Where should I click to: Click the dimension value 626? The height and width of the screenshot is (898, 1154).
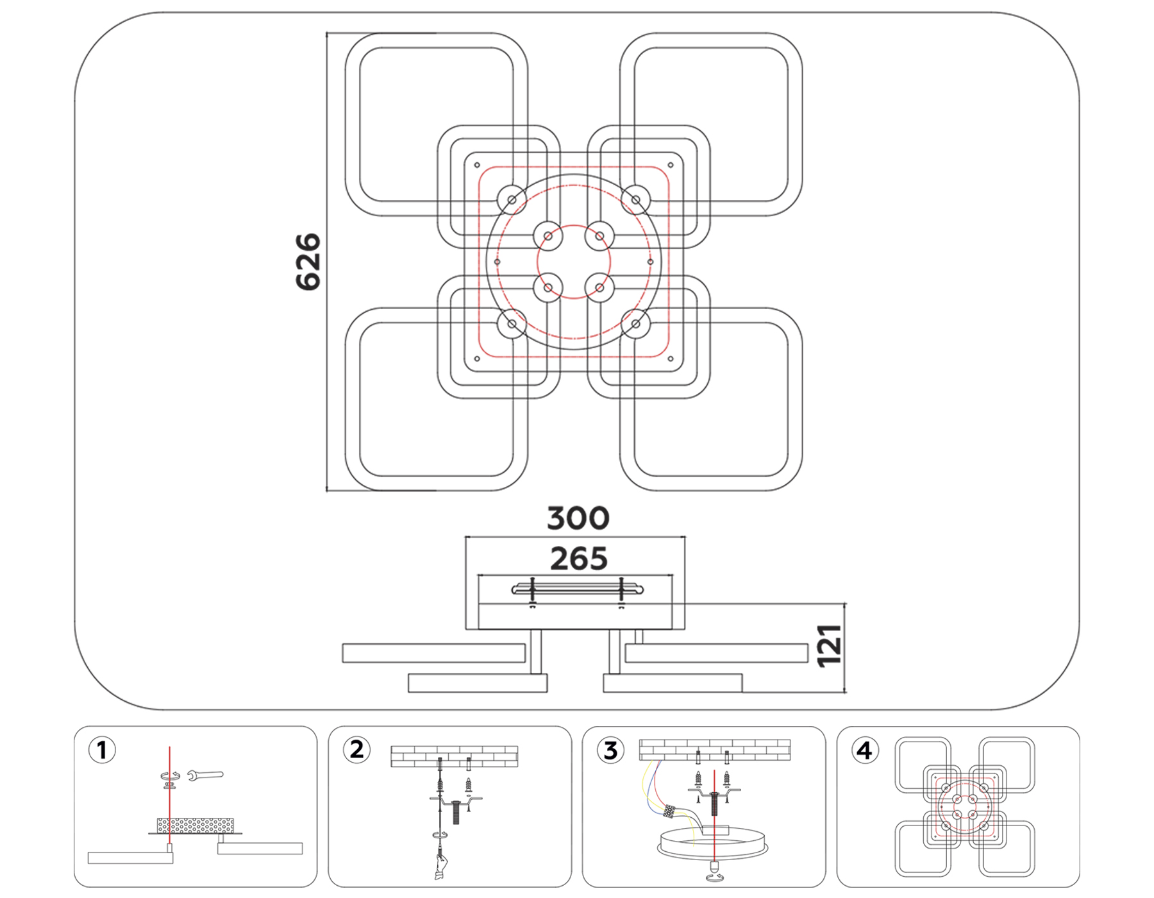[308, 262]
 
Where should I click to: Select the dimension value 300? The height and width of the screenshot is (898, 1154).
[578, 518]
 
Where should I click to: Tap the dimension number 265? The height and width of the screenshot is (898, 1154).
[578, 559]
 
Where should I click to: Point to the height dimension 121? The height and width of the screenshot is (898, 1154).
[830, 646]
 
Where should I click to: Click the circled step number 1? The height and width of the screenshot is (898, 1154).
[102, 750]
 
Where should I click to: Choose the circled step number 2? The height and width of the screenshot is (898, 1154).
[356, 749]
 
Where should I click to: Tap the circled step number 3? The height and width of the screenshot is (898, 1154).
[610, 750]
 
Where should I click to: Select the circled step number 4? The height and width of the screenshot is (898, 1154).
[864, 750]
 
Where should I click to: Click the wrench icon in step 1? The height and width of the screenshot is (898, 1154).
[206, 775]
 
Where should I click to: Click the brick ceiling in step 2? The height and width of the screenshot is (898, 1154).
[454, 756]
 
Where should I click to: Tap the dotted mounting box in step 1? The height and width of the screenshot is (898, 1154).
[196, 825]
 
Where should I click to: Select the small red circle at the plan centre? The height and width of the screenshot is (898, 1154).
[574, 262]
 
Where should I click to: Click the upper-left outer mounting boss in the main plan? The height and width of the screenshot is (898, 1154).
[512, 200]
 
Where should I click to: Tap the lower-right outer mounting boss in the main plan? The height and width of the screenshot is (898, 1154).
[636, 324]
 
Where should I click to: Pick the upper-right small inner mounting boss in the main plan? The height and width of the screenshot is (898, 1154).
[599, 236]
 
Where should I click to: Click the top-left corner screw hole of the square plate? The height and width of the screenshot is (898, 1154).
[477, 165]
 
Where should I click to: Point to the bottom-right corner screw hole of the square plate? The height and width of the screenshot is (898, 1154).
[671, 359]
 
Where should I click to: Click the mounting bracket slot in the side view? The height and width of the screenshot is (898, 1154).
[577, 589]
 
